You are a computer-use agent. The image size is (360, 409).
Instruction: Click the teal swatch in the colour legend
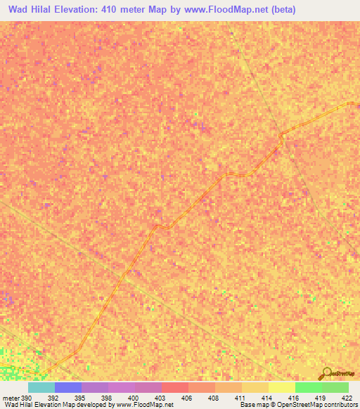(41, 387)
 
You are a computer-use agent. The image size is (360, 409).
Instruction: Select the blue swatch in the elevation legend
(68, 387)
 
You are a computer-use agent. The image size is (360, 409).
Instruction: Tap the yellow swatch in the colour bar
(282, 387)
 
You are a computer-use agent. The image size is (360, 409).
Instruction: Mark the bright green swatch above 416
(309, 387)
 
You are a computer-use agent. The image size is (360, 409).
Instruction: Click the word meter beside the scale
(11, 397)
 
